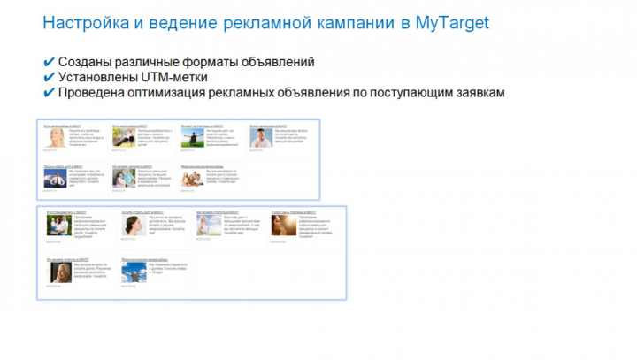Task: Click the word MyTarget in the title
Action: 452,22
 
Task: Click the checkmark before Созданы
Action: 49,63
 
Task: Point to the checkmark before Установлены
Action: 49,78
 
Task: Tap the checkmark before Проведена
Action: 49,92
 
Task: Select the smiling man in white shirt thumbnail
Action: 260,139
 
